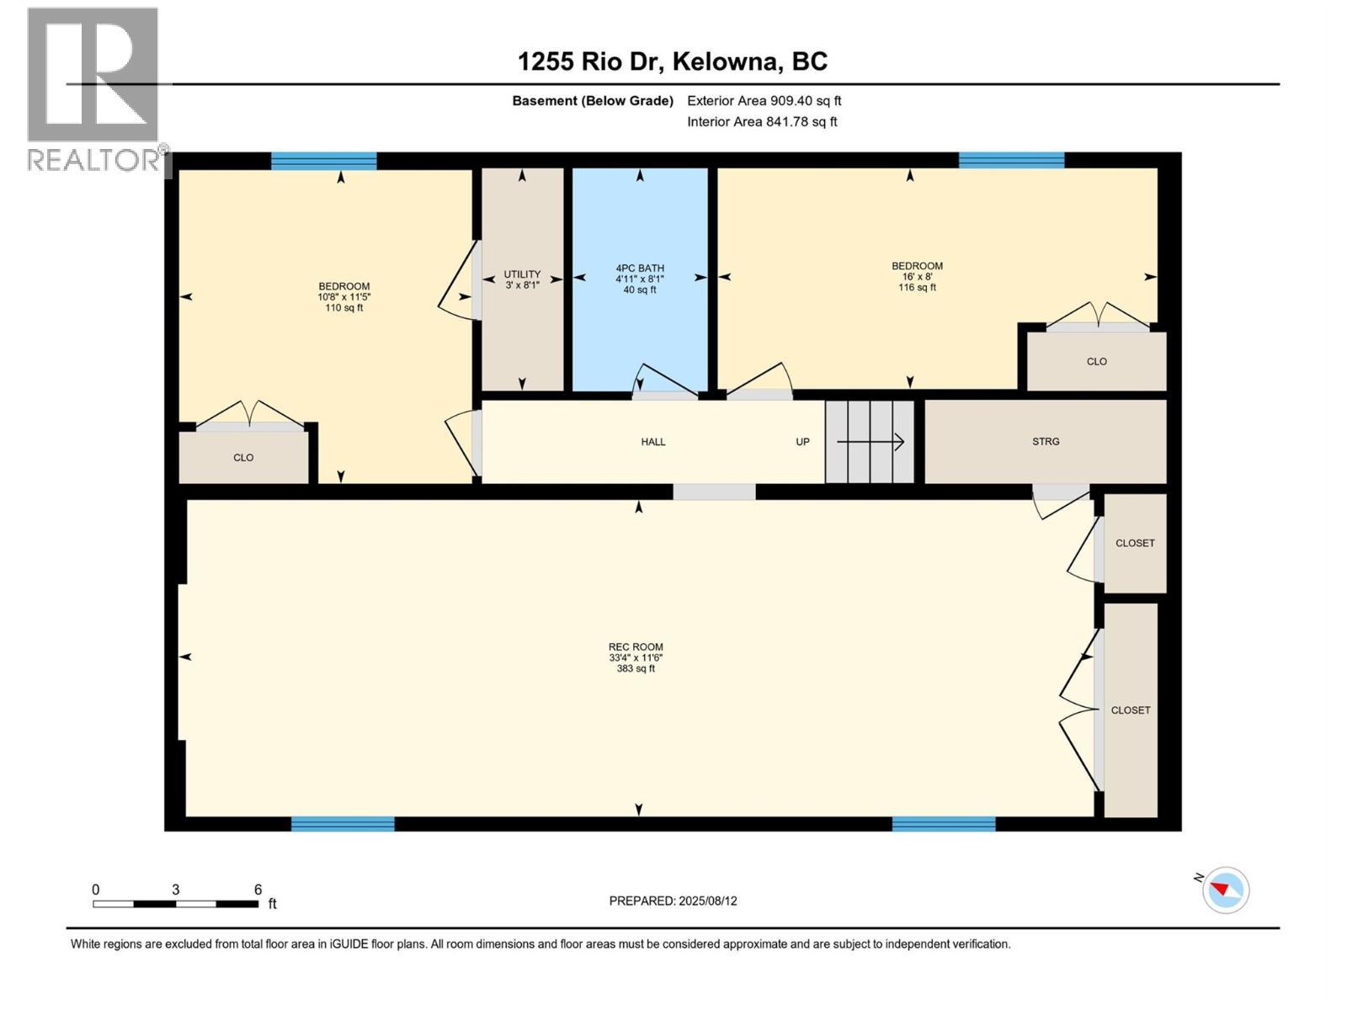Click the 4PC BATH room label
click(x=640, y=268)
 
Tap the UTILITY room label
click(x=522, y=274)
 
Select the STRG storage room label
click(x=1046, y=441)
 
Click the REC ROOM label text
click(x=636, y=647)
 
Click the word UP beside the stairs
click(x=802, y=441)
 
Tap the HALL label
click(x=652, y=441)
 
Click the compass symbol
click(x=1225, y=890)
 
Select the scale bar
click(x=175, y=903)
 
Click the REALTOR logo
click(x=94, y=88)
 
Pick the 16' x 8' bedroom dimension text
click(x=917, y=276)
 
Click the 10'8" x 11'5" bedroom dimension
click(x=343, y=297)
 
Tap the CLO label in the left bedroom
click(x=243, y=457)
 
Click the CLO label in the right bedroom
click(x=1096, y=361)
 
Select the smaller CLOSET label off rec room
click(x=1134, y=543)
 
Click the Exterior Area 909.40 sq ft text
click(x=764, y=100)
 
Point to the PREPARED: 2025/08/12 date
click(x=673, y=901)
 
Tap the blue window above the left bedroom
click(x=323, y=161)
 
